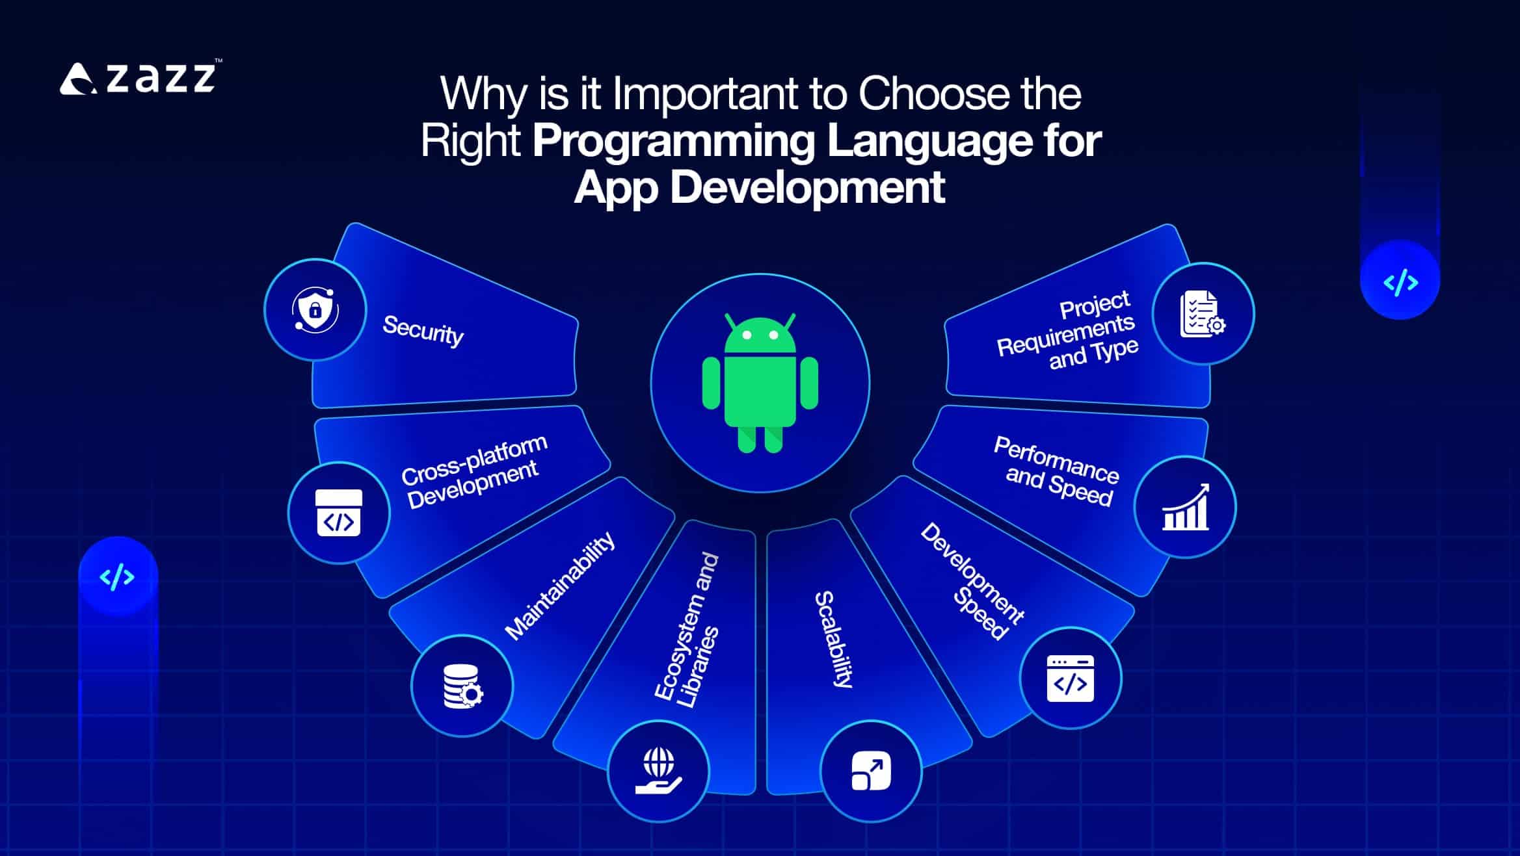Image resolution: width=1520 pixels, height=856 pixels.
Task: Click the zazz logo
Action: click(140, 79)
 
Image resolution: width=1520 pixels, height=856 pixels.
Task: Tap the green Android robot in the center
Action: click(760, 383)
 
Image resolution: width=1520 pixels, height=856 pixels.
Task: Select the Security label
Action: click(423, 330)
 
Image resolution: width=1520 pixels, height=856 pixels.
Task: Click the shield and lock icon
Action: click(315, 309)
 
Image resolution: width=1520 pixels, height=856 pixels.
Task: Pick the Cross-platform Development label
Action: click(473, 471)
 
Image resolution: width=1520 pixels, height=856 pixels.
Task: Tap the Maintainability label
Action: click(560, 586)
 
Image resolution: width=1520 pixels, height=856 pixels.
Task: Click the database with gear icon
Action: click(462, 686)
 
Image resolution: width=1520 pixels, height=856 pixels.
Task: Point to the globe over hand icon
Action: click(658, 771)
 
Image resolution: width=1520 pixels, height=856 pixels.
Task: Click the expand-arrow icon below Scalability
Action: click(871, 771)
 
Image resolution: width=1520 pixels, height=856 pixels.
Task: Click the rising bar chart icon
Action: click(1185, 507)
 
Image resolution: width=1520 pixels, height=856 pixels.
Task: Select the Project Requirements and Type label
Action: click(1067, 331)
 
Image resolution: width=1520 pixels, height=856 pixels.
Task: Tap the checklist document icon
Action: click(1203, 314)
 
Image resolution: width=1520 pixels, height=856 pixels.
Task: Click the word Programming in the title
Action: click(673, 140)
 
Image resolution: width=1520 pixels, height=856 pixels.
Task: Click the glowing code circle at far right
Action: click(1400, 281)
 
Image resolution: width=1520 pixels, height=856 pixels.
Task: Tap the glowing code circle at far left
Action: click(118, 577)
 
